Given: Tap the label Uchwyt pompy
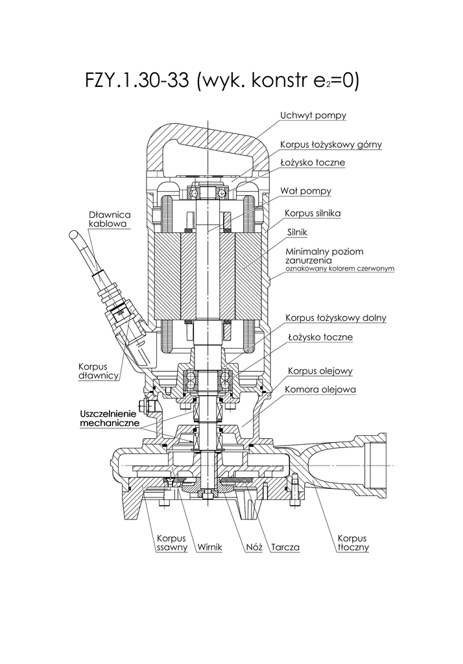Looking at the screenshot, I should click(x=313, y=116).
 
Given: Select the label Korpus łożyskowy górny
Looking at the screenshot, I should click(x=331, y=145).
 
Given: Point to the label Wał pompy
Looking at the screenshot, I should click(x=305, y=191).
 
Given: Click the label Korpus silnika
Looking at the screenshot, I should click(x=313, y=213).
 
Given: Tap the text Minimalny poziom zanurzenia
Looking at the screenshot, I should click(x=324, y=255).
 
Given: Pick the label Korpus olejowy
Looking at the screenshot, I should click(x=320, y=372).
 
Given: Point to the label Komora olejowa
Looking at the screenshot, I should click(x=320, y=390).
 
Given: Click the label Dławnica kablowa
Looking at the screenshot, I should click(x=110, y=219).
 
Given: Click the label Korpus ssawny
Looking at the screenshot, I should click(x=172, y=543).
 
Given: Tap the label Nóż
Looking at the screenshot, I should click(x=254, y=547).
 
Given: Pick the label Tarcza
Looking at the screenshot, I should click(x=285, y=547).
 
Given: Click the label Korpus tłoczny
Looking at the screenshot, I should click(x=353, y=543).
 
